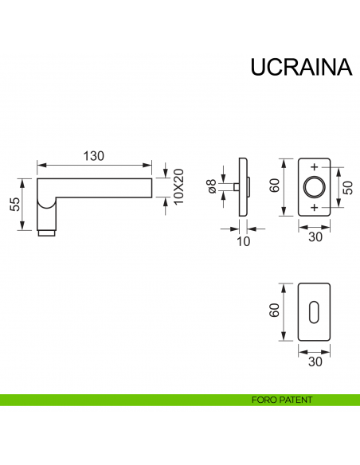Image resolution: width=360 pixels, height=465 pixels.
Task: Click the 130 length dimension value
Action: point(94,156)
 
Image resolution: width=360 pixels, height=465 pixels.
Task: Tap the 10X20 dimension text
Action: point(178,186)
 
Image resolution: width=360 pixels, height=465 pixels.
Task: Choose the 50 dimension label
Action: point(346,187)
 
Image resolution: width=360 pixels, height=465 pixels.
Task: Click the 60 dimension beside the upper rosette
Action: point(274,186)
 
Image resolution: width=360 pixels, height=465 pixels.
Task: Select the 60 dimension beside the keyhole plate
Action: point(274,311)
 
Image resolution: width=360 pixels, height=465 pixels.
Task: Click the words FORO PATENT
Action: point(280,400)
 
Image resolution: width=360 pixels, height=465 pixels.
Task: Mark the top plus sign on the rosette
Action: point(314,167)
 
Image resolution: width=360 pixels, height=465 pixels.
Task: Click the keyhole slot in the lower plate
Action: point(314,311)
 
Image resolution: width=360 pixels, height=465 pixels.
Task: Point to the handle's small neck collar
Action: point(47,233)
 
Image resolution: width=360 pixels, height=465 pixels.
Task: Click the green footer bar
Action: point(119,400)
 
